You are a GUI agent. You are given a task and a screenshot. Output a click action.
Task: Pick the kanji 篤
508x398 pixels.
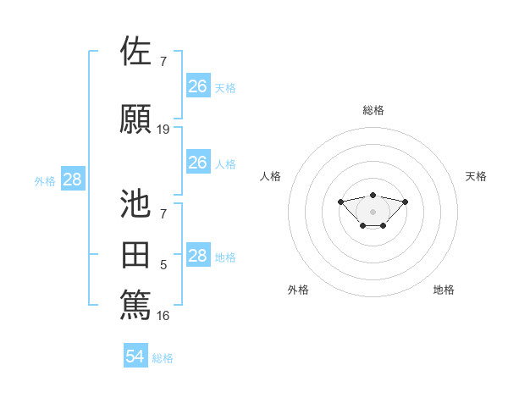tap(135, 303)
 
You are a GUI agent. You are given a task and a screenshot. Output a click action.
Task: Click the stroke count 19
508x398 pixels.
tap(163, 130)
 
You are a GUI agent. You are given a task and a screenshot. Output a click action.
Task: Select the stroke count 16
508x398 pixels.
tap(163, 316)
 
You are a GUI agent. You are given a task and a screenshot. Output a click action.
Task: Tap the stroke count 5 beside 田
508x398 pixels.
tap(163, 266)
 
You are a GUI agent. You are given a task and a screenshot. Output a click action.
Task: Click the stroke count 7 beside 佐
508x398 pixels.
tap(163, 61)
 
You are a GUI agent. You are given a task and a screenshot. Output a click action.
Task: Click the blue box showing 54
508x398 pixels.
tap(135, 357)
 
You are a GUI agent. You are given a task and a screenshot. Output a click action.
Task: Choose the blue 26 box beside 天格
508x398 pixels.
tap(197, 86)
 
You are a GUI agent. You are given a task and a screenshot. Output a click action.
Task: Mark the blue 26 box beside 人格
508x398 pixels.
tap(197, 163)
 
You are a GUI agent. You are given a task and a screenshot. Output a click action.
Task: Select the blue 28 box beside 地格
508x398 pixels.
tap(197, 256)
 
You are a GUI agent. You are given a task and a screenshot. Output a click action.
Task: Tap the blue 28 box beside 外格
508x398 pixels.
tap(72, 179)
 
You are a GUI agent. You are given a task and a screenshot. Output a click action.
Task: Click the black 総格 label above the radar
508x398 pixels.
tap(373, 110)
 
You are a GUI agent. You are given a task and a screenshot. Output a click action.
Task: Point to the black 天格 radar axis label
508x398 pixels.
tap(476, 176)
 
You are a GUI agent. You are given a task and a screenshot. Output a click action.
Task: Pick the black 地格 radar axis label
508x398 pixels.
tap(444, 290)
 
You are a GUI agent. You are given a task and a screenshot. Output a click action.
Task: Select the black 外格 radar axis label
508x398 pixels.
tap(298, 290)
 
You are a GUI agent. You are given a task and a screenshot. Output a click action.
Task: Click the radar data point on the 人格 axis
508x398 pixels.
tap(340, 202)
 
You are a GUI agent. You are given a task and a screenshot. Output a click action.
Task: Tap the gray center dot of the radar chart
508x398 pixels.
tap(373, 212)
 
